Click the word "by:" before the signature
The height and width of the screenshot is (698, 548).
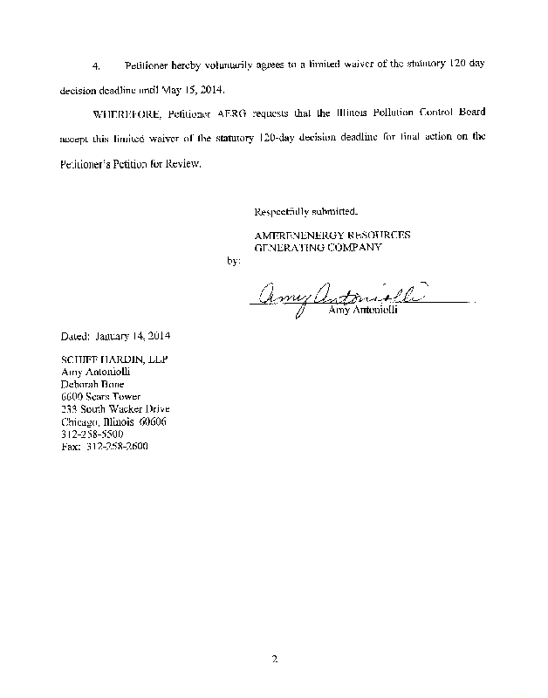[x=231, y=260]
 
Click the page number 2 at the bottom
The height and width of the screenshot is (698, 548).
[x=273, y=658]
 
